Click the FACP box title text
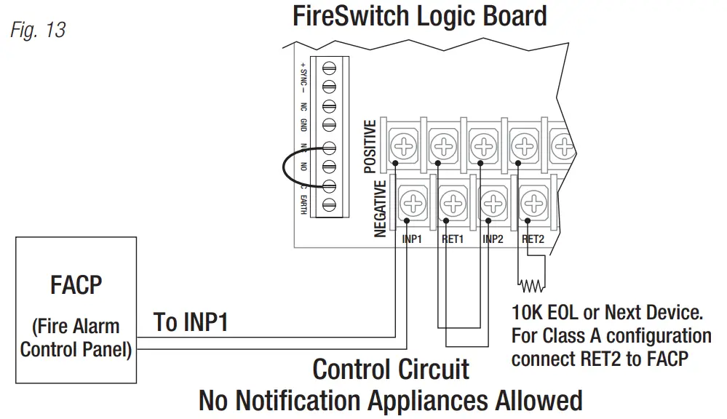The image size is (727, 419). coord(77,284)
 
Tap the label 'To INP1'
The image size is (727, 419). coord(191,322)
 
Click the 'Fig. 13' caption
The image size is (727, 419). coord(38,31)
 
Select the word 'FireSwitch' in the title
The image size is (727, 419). coord(348,15)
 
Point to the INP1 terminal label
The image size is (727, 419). coord(412,238)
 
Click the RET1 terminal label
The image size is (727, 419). coord(453,238)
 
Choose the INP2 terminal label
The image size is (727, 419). coord(493,238)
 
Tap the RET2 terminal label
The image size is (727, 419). coord(533,238)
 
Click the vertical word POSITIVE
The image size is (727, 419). coord(370,146)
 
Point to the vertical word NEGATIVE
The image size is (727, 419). coord(380,209)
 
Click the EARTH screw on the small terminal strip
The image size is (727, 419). coord(328,204)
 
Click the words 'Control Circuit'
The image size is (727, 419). coord(391,369)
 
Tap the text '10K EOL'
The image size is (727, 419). coord(545,314)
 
